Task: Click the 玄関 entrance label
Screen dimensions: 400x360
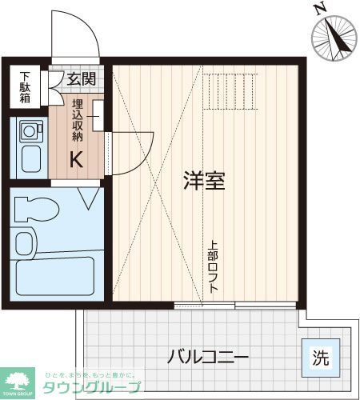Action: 81,78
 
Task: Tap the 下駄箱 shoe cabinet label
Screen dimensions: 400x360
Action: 26,88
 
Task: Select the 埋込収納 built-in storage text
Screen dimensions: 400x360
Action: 78,120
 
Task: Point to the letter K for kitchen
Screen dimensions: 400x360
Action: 77,158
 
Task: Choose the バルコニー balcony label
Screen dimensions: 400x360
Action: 208,356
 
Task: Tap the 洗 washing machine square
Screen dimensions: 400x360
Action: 320,357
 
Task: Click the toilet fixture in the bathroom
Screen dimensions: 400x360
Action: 37,209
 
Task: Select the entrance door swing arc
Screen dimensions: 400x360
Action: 76,36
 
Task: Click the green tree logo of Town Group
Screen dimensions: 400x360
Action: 18,380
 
